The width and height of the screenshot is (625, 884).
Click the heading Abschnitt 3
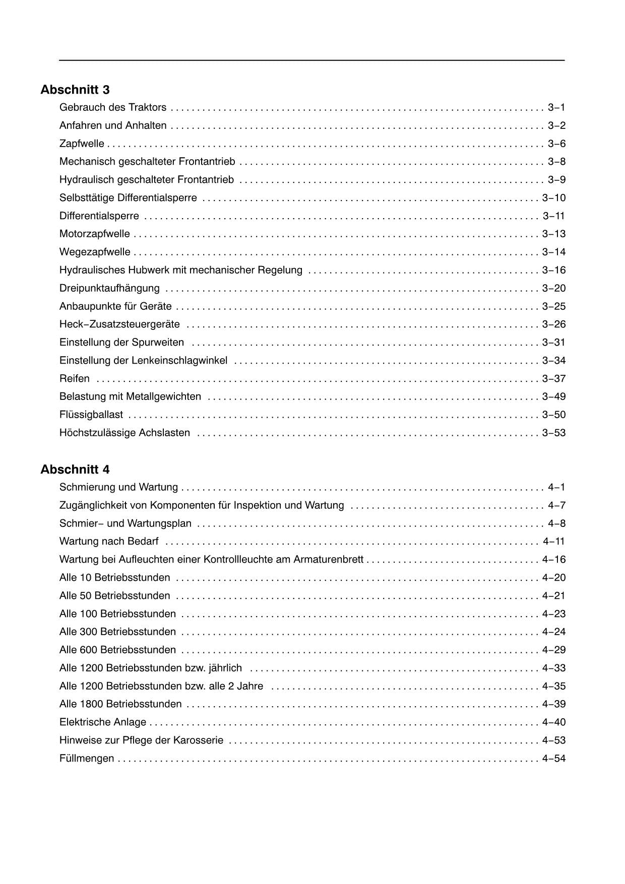75,90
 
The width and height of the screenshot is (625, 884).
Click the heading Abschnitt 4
75,469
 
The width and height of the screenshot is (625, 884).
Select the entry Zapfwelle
82,144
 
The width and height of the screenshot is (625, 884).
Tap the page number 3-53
553,433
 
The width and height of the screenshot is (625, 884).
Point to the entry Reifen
75,378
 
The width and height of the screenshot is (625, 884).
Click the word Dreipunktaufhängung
109,288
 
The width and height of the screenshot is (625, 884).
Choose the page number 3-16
553,270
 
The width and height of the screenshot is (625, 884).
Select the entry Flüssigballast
91,415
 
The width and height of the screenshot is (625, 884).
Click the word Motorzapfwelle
95,234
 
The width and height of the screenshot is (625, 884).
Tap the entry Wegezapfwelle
95,252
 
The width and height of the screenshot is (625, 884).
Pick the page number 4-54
553,758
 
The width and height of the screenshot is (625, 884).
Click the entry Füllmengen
87,758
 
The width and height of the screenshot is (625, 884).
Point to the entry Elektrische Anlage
103,722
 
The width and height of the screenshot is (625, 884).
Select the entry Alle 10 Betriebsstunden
115,577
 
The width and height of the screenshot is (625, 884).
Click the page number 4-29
553,650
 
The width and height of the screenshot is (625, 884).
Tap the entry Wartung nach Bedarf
109,541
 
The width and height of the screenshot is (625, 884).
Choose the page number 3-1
556,107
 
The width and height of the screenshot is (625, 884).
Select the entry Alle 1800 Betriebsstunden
120,704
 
